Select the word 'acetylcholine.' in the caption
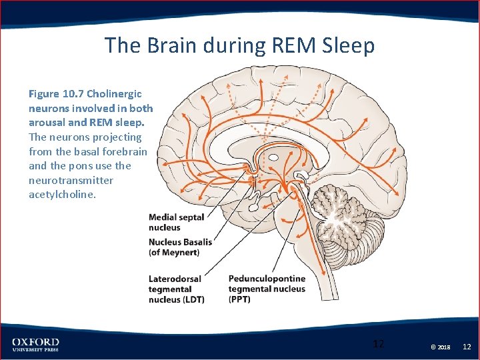pos(62,195)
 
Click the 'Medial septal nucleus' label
pos(176,222)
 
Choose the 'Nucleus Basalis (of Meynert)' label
pos(180,247)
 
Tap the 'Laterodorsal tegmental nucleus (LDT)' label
pos(176,289)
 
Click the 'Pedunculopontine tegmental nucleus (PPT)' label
pos(267,289)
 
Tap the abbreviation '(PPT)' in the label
pos(239,299)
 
